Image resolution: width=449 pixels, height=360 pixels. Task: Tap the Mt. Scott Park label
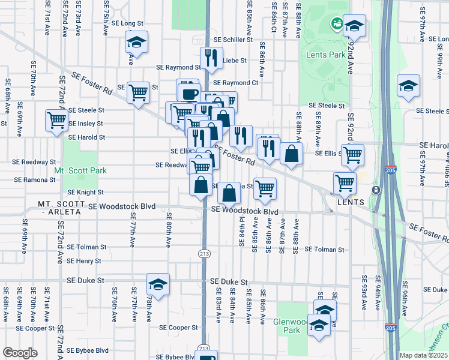point(80,170)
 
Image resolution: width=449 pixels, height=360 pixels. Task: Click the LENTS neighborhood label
point(351,202)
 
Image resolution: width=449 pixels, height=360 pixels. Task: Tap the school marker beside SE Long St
point(136,43)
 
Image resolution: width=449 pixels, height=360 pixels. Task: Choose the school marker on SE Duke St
point(158,284)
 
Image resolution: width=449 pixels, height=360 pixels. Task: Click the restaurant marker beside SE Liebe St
point(209,58)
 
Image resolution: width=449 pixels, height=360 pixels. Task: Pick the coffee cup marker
point(190,94)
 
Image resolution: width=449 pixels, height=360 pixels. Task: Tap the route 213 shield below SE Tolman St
point(204,254)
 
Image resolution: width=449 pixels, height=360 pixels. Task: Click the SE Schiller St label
point(234,40)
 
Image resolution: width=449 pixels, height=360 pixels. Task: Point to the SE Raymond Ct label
point(235,83)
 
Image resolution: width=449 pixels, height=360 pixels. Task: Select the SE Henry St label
point(84,261)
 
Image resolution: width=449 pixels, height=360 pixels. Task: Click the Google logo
point(20,353)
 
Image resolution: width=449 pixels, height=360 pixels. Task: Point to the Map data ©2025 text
point(423,355)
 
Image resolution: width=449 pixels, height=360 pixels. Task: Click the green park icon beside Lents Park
point(337,23)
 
